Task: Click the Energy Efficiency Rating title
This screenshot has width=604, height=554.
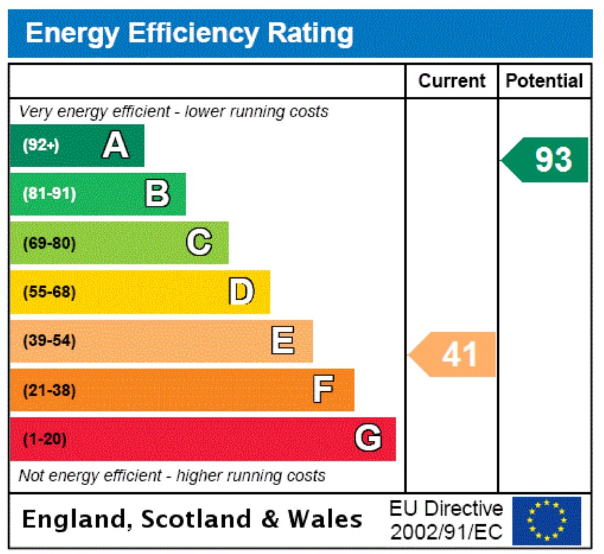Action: pyautogui.click(x=190, y=33)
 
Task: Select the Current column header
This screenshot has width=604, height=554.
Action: pyautogui.click(x=452, y=81)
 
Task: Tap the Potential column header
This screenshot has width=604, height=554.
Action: pyautogui.click(x=545, y=81)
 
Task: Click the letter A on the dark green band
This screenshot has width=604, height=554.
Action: pyautogui.click(x=115, y=145)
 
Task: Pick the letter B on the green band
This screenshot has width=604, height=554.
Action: pyautogui.click(x=157, y=194)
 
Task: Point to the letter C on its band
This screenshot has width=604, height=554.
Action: pyautogui.click(x=199, y=243)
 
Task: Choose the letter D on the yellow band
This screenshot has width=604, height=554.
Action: pyautogui.click(x=241, y=292)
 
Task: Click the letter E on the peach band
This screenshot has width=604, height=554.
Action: pyautogui.click(x=282, y=341)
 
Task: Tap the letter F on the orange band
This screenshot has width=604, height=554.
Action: pyautogui.click(x=323, y=390)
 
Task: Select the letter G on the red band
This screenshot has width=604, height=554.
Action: pyautogui.click(x=367, y=439)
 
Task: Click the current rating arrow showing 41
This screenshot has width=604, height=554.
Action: pyautogui.click(x=454, y=354)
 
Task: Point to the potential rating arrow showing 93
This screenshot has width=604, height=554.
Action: pyautogui.click(x=547, y=160)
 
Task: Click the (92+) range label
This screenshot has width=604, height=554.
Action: pyautogui.click(x=42, y=145)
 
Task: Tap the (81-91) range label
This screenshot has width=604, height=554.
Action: pyautogui.click(x=49, y=194)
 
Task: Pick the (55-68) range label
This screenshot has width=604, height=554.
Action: pyautogui.click(x=49, y=292)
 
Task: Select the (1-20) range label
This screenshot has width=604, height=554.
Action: pyautogui.click(x=45, y=440)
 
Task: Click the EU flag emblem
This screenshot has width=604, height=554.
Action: pyautogui.click(x=546, y=521)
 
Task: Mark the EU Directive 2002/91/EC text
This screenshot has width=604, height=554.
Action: pyautogui.click(x=446, y=521)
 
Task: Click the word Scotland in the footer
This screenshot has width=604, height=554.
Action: pyautogui.click(x=197, y=520)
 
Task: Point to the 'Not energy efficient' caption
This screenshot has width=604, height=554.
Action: pyautogui.click(x=172, y=476)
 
